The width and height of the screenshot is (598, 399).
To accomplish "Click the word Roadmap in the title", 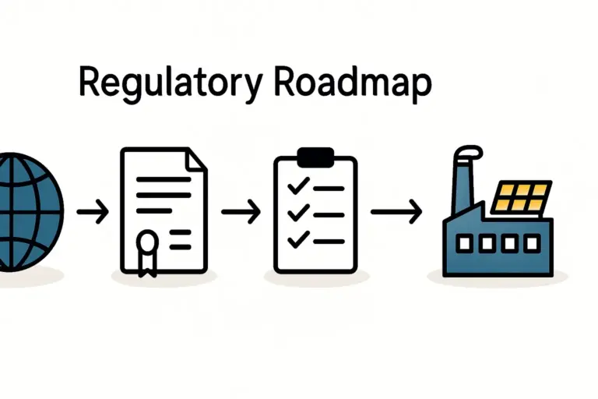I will click(351, 84).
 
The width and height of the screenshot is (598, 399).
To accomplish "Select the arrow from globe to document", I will click(93, 212).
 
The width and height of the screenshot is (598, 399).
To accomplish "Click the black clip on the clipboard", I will click(315, 156).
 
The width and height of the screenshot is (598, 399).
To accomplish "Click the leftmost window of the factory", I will click(465, 244).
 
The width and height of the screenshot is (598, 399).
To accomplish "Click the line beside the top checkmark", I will click(328, 188).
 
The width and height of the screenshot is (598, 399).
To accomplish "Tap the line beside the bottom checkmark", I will click(328, 239).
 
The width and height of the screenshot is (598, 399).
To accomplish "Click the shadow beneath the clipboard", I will click(315, 277).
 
